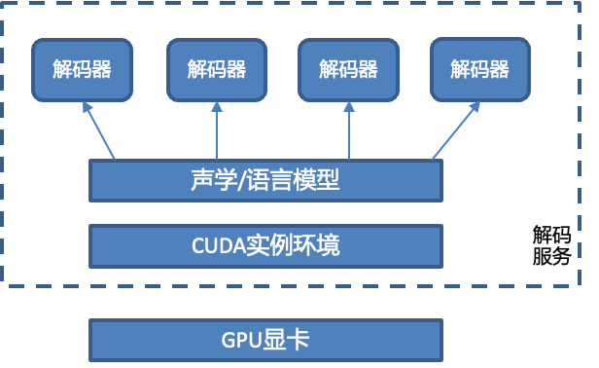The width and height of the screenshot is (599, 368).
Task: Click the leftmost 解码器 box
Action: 82,70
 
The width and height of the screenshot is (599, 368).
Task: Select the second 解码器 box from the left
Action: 216,70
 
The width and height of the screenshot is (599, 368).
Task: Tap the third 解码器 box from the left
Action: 348,70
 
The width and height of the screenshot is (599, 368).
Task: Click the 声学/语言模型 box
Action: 265,180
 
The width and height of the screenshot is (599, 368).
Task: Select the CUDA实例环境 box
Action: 265,245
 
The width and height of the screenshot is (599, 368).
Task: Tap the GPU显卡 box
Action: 265,339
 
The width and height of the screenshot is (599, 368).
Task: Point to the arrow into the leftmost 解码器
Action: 98,130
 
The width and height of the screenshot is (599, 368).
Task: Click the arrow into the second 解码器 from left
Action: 216,130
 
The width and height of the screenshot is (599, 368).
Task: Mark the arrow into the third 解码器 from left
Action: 348,130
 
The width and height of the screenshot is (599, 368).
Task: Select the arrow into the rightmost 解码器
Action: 457,130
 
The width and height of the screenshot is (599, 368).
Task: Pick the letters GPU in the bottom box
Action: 243,340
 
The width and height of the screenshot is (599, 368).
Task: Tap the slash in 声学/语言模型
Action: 243,180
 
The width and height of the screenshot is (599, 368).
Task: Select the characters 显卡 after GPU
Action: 287,340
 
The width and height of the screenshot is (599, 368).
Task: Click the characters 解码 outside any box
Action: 550,235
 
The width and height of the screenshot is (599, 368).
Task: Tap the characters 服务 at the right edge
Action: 550,257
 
